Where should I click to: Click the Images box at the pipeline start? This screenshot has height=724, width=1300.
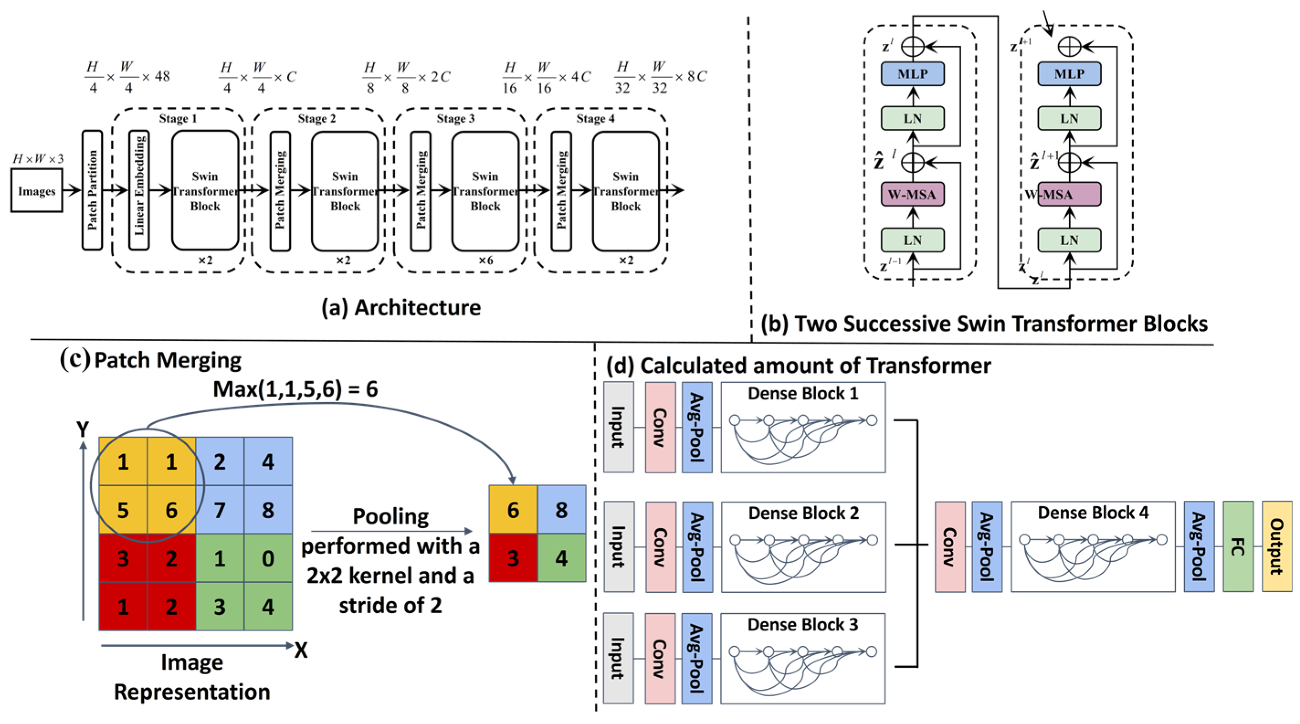click(x=37, y=191)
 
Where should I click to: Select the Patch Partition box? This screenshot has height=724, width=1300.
click(x=92, y=190)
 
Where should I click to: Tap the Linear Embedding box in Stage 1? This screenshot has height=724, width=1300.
click(x=139, y=190)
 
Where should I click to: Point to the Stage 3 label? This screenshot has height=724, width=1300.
click(x=456, y=119)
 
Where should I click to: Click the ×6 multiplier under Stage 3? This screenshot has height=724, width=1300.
click(x=486, y=260)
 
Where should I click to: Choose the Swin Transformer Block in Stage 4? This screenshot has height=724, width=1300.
click(x=626, y=191)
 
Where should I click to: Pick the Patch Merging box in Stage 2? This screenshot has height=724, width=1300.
click(x=280, y=191)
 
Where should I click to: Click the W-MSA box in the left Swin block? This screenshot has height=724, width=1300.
click(x=912, y=195)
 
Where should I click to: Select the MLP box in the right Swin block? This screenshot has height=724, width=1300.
click(x=1069, y=73)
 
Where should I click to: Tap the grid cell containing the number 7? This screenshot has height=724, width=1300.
click(x=220, y=509)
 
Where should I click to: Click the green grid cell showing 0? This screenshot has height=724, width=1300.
click(x=268, y=558)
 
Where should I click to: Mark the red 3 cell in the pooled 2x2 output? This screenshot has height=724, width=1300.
click(x=513, y=558)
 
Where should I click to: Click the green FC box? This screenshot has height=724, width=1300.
click(x=1238, y=546)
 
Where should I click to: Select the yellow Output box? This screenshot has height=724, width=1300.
click(x=1277, y=546)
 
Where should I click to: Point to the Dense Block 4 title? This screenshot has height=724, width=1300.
click(x=1093, y=513)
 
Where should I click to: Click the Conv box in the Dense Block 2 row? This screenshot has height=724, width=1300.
click(x=660, y=547)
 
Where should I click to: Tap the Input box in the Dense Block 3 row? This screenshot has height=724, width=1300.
click(x=619, y=658)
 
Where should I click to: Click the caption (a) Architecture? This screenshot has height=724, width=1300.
click(x=401, y=308)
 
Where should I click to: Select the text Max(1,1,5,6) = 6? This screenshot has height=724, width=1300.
click(x=296, y=389)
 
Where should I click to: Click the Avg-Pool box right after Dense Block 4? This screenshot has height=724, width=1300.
click(x=1199, y=546)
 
